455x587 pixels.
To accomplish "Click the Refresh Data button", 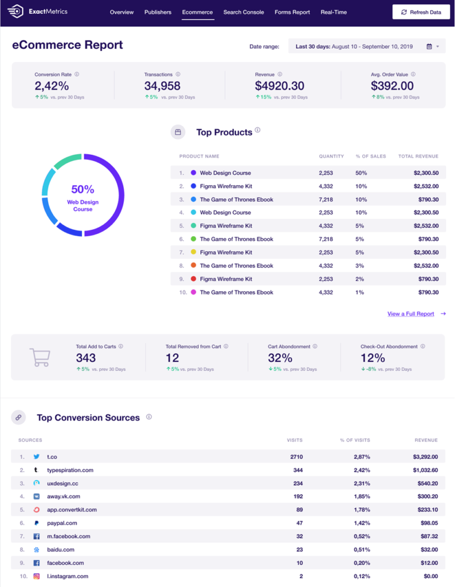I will (421, 12).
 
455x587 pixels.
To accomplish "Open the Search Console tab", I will (244, 12).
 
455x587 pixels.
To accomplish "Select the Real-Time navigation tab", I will (334, 12).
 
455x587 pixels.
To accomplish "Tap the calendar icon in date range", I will (429, 46).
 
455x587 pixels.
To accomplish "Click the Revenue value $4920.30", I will (280, 86).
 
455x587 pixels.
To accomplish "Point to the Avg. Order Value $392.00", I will (392, 86).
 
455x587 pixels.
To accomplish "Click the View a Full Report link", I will (411, 314).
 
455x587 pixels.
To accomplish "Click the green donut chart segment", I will (68, 160).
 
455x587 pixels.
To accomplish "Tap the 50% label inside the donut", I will (83, 189).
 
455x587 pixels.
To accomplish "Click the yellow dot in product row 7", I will (194, 252).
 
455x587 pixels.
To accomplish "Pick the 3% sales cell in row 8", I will (359, 265).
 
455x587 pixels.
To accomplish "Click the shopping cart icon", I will (40, 357).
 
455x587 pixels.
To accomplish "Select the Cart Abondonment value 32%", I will (280, 358).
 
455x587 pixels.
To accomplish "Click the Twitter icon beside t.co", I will (37, 457).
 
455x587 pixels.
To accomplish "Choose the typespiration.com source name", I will (70, 470).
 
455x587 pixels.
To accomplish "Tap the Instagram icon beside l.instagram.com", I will (37, 576).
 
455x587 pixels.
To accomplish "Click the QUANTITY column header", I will (331, 156).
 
